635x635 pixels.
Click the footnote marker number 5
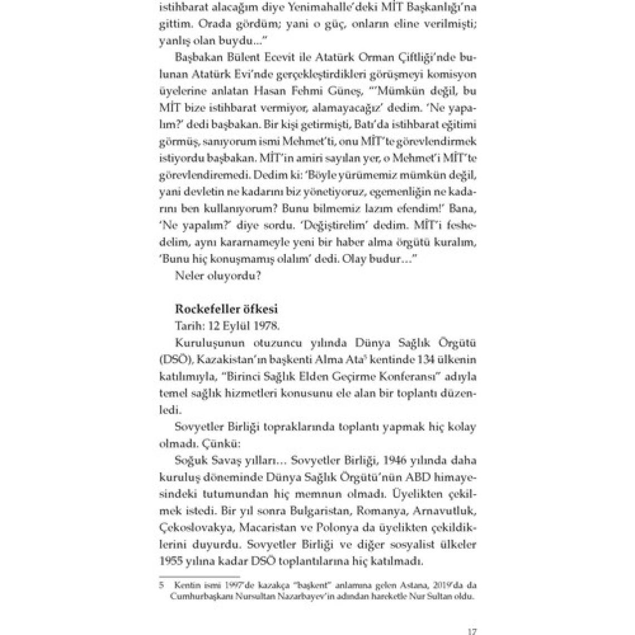coord(162,586)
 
